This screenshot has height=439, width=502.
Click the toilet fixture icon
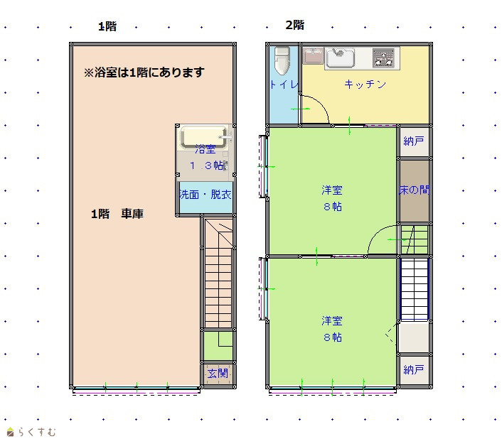click(282, 61)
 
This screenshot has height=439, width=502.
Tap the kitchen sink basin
click(340, 58)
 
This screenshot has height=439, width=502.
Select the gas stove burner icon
click(383, 58)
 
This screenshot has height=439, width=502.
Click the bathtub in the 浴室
click(204, 137)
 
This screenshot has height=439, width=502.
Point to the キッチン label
click(365, 84)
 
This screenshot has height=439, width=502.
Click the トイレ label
click(284, 85)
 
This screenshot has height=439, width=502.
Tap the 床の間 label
click(414, 190)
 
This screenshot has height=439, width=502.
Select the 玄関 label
click(218, 373)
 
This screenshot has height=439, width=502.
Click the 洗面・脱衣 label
click(205, 195)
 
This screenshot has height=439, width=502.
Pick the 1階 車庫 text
click(117, 214)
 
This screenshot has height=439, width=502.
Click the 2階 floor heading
click(295, 25)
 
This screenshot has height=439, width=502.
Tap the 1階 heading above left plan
click(107, 26)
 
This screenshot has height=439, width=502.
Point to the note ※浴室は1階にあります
click(144, 72)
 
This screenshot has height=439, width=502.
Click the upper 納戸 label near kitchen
click(414, 141)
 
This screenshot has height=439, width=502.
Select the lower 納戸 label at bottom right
click(414, 369)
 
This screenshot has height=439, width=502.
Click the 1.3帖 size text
click(207, 166)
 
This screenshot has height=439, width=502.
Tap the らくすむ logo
click(31, 432)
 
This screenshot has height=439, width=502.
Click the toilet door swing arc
click(320, 105)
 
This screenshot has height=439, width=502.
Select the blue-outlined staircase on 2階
click(415, 289)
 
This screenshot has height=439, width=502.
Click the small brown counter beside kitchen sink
click(313, 55)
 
